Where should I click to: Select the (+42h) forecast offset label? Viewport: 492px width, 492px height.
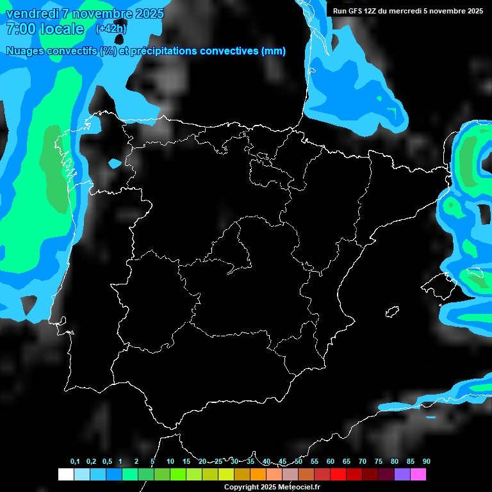(x=110, y=29)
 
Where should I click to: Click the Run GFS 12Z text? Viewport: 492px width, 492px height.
(x=355, y=11)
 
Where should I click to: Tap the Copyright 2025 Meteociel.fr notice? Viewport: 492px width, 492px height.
(x=271, y=488)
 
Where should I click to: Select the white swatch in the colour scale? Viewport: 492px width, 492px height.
(x=65, y=474)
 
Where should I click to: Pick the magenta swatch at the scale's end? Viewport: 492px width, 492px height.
(x=418, y=474)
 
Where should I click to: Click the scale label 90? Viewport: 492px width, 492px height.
(x=426, y=461)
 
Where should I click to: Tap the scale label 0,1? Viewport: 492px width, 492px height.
(x=75, y=461)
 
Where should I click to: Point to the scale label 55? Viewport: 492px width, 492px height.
(x=315, y=461)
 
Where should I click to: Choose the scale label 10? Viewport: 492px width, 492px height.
(x=170, y=461)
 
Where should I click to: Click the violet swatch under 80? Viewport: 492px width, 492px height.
(x=402, y=474)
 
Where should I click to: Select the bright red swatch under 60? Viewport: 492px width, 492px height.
(x=338, y=474)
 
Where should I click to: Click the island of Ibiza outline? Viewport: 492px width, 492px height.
(x=392, y=312)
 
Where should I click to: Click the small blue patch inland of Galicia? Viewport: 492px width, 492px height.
(x=115, y=163)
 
